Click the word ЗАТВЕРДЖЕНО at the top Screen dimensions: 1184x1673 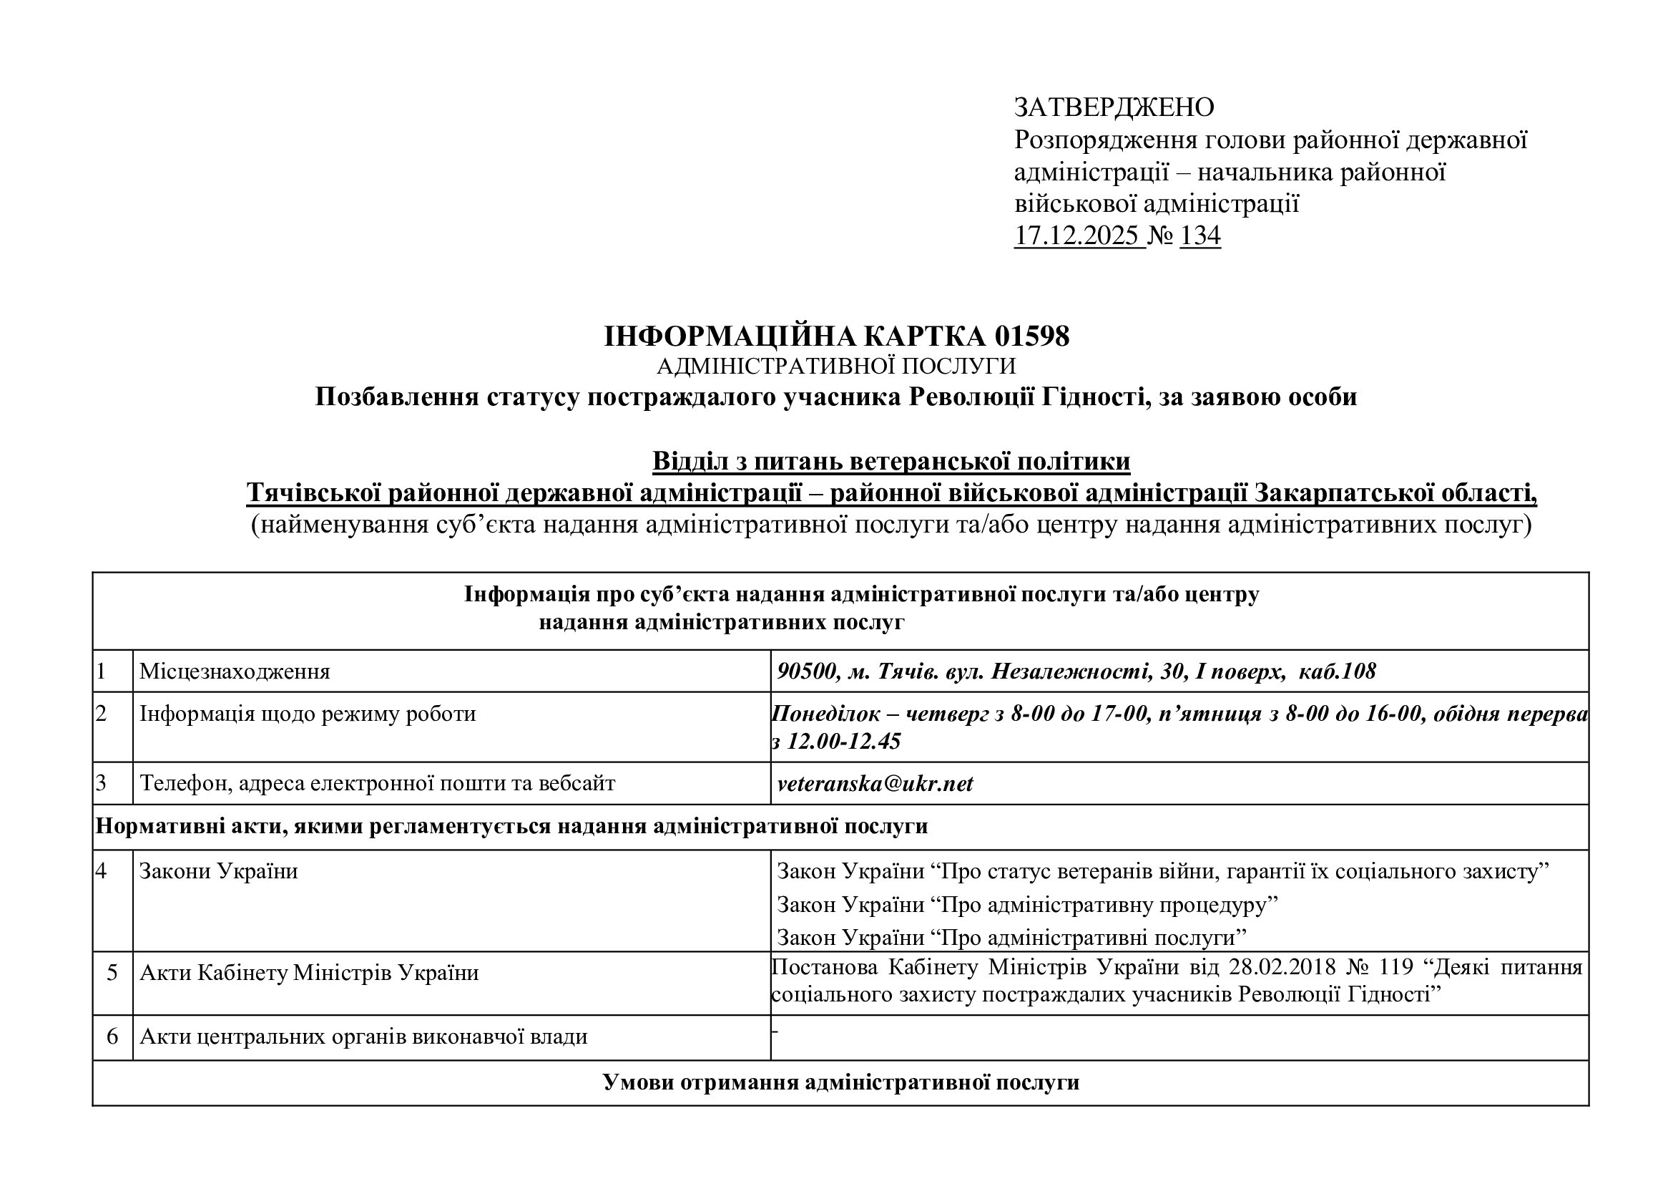tap(1114, 108)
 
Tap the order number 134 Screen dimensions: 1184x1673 tap(1199, 236)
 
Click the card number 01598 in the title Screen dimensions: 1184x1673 tap(1031, 336)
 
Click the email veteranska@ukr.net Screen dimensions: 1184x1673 tap(874, 784)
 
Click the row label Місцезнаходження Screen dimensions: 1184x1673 tap(235, 671)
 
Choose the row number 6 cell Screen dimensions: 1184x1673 tap(112, 1037)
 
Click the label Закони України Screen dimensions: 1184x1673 tap(219, 871)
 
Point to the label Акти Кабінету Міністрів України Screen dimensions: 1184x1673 tap(309, 973)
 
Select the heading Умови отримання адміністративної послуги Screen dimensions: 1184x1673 tap(840, 1082)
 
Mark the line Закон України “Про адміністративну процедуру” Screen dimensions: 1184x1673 tap(1027, 905)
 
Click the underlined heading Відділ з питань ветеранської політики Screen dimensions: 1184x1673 tap(891, 462)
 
